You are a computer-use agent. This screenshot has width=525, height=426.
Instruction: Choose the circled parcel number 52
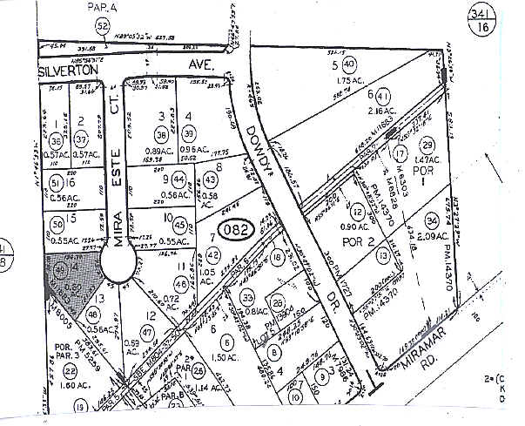(x=103, y=27)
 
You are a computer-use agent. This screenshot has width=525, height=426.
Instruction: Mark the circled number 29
(x=427, y=145)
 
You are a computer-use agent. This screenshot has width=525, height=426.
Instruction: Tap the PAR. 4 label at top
(x=103, y=8)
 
